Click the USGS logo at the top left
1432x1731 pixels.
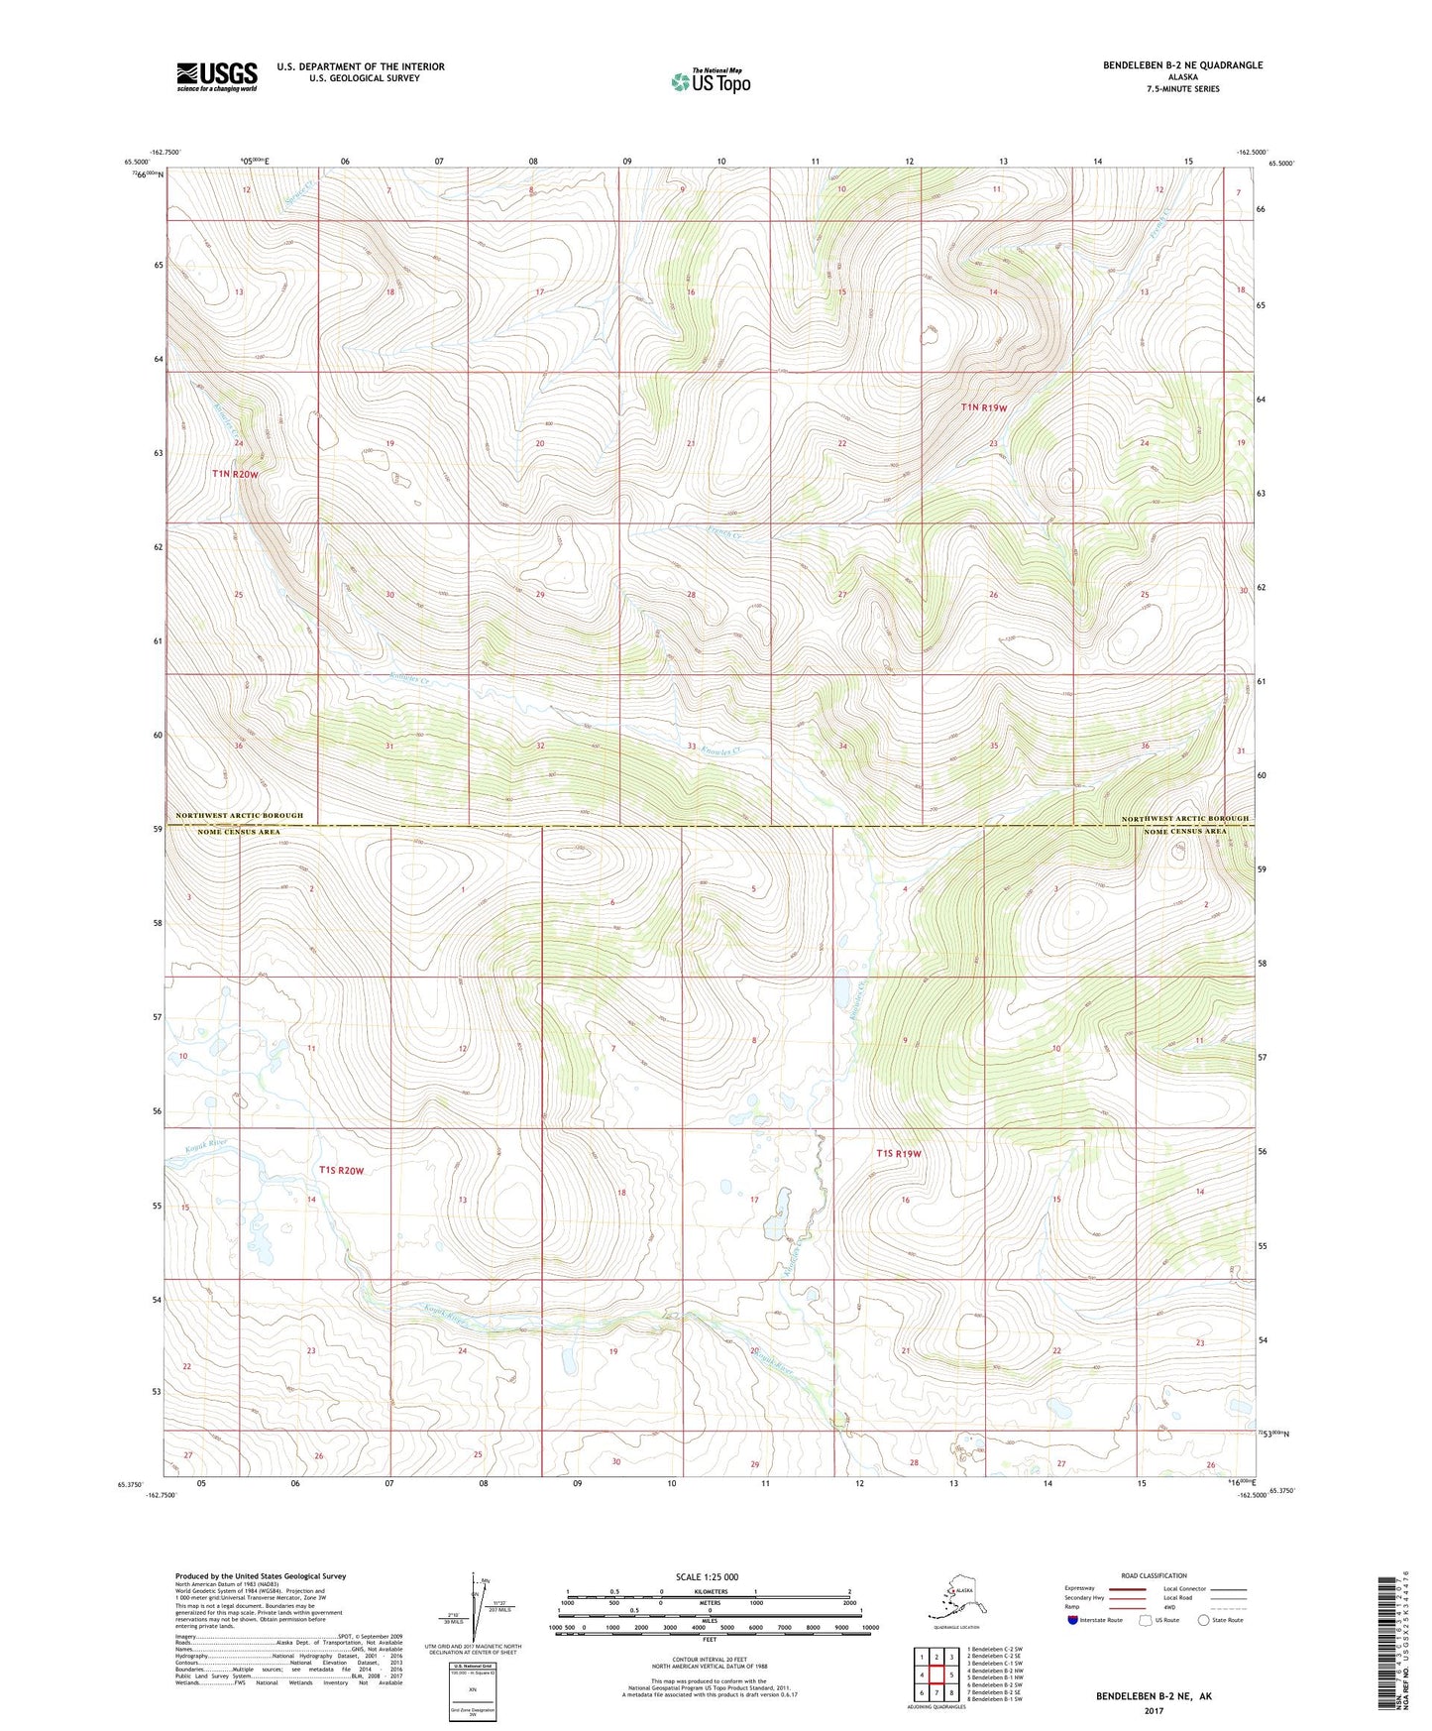point(217,76)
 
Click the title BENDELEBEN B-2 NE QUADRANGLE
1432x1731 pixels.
point(1182,65)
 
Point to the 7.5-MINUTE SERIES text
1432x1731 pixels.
point(1182,89)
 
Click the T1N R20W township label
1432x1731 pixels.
point(235,474)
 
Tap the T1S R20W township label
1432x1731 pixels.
point(341,1171)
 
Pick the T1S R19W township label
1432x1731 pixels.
point(899,1153)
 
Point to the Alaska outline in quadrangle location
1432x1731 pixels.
point(955,1598)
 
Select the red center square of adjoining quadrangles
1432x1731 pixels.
point(936,1675)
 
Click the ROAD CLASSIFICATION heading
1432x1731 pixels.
point(1154,1575)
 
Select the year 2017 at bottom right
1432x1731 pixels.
point(1154,1710)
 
